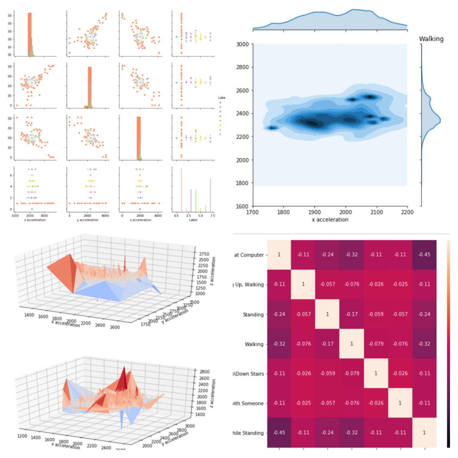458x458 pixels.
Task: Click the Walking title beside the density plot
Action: pos(431,39)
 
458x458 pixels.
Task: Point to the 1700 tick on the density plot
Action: pos(252,212)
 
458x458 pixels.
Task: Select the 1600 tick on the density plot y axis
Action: pos(242,206)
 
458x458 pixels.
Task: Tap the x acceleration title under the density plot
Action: pos(330,220)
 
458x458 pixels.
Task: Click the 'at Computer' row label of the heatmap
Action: pos(249,255)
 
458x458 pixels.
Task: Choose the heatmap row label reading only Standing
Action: pos(253,314)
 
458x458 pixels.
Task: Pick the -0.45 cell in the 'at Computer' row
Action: pos(424,255)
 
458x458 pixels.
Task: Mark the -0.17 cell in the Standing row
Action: pos(352,314)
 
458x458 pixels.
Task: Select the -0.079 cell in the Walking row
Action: pos(376,344)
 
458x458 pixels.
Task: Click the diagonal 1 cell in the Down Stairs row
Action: pos(376,373)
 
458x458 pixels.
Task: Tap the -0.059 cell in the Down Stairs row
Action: pos(327,373)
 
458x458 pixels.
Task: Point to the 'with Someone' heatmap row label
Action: pos(248,403)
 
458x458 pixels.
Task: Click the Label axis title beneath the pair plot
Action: pos(193,220)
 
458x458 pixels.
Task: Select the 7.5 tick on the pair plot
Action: pos(212,216)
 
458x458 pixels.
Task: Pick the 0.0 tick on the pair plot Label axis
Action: pos(176,216)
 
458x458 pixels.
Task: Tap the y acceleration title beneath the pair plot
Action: pos(89,220)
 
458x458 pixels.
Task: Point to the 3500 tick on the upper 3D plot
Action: pos(194,302)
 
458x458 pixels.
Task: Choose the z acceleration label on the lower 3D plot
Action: pos(213,393)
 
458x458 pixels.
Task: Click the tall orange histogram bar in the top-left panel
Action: pos(29,34)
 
